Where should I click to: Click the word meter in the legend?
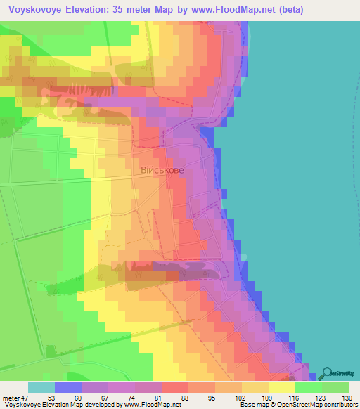tap(11, 396)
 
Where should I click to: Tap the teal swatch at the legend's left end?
tap(41, 387)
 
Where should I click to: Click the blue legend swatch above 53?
tap(68, 387)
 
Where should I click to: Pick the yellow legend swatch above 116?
tap(282, 387)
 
